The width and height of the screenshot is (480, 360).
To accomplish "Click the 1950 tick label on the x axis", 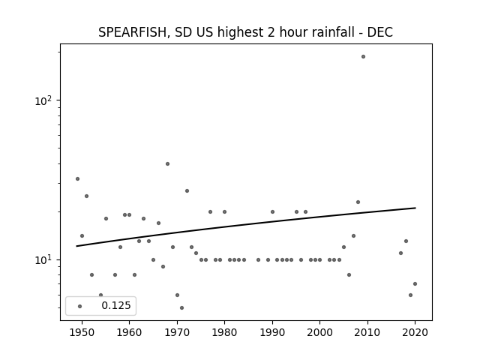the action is [82, 332].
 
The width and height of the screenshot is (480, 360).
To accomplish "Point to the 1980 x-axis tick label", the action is [224, 332].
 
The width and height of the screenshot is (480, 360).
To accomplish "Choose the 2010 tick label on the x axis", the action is [367, 332].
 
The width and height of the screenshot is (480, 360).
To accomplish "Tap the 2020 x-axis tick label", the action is [415, 332].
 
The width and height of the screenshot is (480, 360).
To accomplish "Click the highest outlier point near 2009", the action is [363, 57].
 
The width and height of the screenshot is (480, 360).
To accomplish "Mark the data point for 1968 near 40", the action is [167, 163].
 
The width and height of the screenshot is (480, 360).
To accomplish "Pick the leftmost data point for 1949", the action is [77, 178].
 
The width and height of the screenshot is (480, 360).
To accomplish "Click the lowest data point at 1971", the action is [181, 307].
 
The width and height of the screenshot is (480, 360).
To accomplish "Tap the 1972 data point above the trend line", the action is [187, 190].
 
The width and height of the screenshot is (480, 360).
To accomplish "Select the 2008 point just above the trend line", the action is [358, 202].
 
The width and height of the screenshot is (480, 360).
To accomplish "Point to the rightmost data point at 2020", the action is [415, 283].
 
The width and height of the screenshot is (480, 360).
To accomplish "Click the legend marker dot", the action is [80, 306].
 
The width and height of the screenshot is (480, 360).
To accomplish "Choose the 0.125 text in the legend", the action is [116, 305].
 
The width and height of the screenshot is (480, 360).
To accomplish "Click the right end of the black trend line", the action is [415, 208].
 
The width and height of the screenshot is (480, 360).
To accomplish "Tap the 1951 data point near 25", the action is [87, 196].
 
